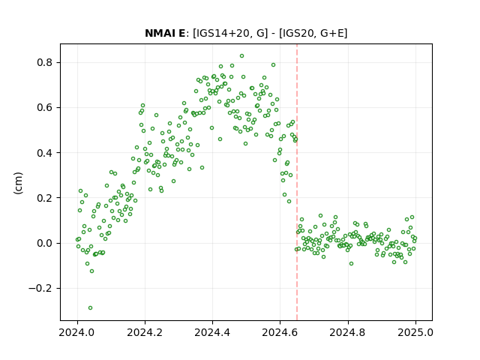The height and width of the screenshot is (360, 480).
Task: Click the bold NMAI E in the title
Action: tap(165, 33)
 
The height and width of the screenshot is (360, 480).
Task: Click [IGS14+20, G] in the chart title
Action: tap(230, 33)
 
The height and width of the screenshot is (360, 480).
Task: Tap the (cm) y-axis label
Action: tap(18, 183)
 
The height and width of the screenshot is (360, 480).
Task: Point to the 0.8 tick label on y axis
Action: tap(45, 62)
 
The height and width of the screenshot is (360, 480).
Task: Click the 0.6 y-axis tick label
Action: tap(45, 108)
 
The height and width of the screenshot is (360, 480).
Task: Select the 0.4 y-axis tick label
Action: tap(45, 153)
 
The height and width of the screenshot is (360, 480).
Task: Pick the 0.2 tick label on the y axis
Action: tap(45, 198)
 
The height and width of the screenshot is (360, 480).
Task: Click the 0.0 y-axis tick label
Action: tap(45, 243)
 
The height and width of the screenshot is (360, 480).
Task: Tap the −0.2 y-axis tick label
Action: tap(40, 288)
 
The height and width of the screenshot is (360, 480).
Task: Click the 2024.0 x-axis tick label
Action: tap(77, 332)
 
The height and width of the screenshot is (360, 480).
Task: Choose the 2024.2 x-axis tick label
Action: tap(145, 332)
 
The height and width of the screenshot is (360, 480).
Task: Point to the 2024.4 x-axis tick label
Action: tap(212, 332)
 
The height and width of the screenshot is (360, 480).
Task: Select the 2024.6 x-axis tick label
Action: tap(280, 332)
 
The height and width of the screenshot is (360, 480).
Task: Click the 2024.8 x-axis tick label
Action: tap(348, 332)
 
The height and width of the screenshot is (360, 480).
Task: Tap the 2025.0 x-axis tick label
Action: tap(415, 332)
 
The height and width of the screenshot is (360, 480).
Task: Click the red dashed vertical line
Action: tap(297, 182)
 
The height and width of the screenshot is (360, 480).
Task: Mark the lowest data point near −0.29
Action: tap(90, 308)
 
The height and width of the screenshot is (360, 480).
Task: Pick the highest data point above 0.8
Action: tap(241, 56)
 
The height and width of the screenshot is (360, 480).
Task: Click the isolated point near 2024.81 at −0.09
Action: tap(351, 263)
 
